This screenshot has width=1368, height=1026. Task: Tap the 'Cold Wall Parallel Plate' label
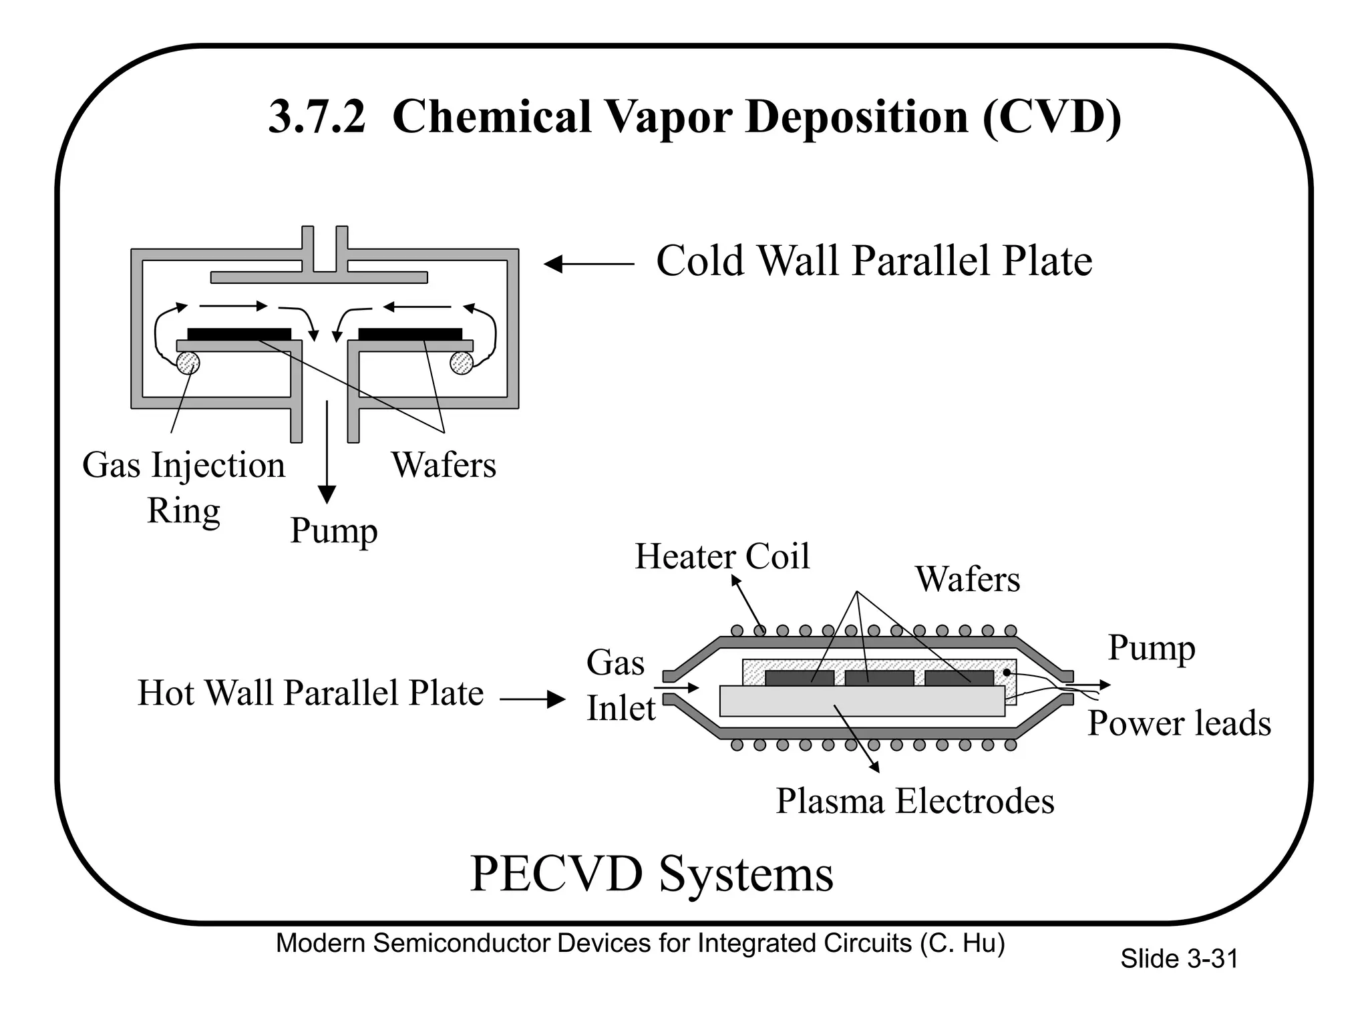874,261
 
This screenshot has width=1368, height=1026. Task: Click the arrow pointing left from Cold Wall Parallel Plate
588,265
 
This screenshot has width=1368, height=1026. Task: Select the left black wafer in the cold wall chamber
239,334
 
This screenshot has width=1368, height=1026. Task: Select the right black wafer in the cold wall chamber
410,334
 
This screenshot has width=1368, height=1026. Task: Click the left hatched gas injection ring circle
188,363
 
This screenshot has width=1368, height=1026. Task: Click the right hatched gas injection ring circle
462,363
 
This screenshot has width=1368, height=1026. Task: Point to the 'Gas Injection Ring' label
184,487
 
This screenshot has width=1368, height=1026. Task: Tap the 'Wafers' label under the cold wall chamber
444,465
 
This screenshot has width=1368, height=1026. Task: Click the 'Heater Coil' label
722,556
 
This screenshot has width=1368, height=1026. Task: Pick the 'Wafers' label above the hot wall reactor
967,579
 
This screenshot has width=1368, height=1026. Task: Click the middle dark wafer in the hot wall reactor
879,678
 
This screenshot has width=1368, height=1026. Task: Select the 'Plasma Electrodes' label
914,801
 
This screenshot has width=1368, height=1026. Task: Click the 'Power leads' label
1179,723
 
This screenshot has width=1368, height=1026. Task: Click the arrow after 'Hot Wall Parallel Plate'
533,699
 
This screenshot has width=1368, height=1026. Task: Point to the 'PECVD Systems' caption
652,874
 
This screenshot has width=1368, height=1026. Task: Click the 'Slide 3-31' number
1179,959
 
